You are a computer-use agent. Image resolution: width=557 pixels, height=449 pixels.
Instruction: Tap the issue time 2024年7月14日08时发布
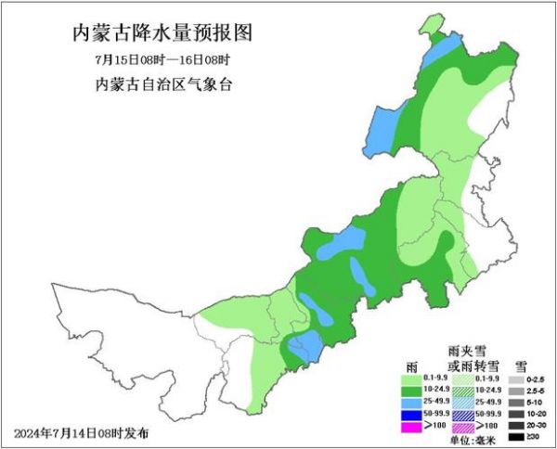coord(81,433)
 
